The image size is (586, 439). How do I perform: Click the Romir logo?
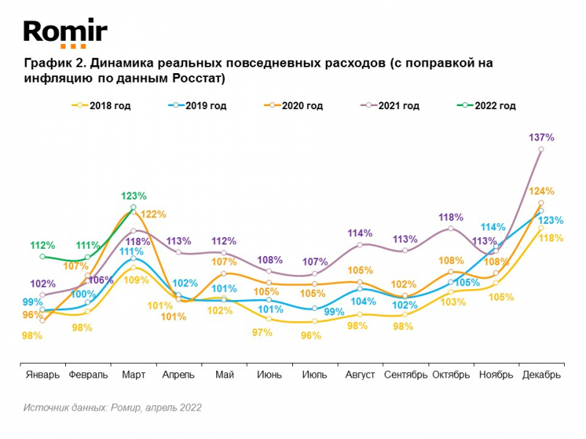tap(66, 33)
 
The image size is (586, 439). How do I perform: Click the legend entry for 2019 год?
tap(197, 105)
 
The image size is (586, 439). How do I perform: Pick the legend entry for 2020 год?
tap(294, 105)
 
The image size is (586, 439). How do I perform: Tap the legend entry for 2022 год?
tap(486, 105)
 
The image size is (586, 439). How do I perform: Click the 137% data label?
tap(542, 137)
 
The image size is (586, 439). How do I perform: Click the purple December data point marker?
tap(541, 149)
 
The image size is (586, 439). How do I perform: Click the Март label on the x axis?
tap(133, 375)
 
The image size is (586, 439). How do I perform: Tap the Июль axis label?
tap(315, 375)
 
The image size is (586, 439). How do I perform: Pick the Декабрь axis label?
tap(541, 375)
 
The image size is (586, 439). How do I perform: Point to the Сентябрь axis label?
tap(405, 375)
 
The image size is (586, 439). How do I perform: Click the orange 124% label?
tap(543, 191)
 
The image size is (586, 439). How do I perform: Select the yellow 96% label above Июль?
tap(312, 336)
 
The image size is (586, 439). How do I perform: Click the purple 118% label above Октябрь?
tap(450, 217)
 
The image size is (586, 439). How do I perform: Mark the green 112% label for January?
tap(42, 245)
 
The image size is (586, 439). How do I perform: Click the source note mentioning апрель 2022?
tap(112, 407)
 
